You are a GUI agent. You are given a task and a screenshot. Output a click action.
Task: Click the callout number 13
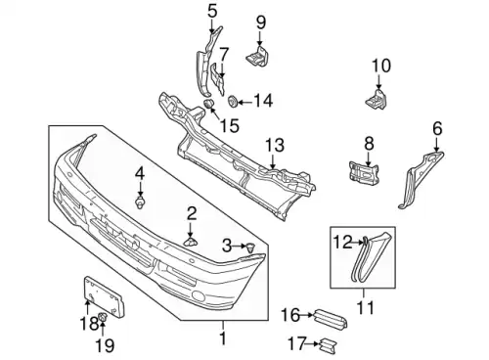[275, 146]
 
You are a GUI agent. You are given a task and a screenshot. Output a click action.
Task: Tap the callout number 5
[212, 12]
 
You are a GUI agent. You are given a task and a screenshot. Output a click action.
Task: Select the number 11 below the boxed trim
[366, 307]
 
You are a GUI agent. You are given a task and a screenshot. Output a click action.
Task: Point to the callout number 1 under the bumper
[223, 338]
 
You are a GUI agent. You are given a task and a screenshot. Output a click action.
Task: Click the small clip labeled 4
[140, 202]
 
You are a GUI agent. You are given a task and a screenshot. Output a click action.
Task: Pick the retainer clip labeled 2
[191, 242]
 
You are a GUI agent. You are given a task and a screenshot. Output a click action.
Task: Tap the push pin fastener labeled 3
[250, 247]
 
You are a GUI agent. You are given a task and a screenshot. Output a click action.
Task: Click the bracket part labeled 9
[257, 57]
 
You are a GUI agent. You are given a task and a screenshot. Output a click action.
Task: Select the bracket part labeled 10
[376, 99]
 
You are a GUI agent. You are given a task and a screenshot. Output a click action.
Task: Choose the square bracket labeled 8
[364, 172]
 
